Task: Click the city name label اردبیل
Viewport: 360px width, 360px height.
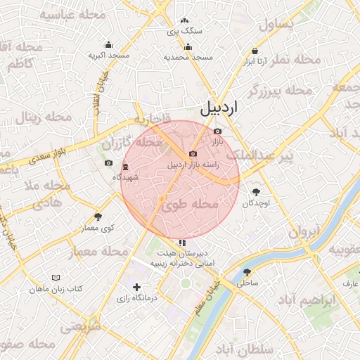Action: [219, 108]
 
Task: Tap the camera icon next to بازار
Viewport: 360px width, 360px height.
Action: [217, 131]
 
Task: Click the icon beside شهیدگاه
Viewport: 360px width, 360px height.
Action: [125, 167]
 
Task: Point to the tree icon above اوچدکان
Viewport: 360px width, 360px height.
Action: [255, 192]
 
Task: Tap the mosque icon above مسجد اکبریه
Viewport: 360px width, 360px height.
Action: [108, 44]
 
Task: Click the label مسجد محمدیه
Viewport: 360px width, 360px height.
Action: [188, 56]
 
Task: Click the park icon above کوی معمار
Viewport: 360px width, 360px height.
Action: [98, 217]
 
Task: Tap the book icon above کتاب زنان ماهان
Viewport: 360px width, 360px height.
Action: [56, 278]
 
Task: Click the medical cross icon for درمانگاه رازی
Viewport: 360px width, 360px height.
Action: [136, 287]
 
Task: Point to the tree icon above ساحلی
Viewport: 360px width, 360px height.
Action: [246, 271]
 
